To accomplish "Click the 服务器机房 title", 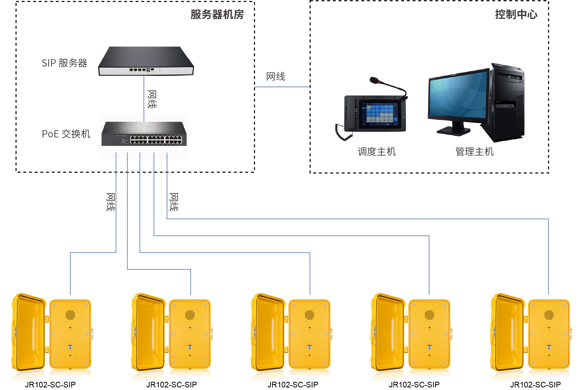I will pos(217,14).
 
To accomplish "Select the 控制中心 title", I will pos(516,14).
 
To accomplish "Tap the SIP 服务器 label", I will pos(64,63).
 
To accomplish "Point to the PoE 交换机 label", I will pos(66,134).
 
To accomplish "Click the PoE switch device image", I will pos(144,134).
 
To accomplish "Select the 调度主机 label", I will pos(377,151).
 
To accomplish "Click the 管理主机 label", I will pos(474,151).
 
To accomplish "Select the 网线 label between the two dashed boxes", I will pos(275,77).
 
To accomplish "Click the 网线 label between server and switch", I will pos(152,99).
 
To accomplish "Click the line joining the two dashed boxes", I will pos(282,87).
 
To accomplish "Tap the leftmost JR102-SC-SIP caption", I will pos(50,384).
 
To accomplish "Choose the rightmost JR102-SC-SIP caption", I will pos(535,384).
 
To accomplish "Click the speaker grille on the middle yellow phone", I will pos(310,315).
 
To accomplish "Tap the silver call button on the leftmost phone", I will pos(70,347).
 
